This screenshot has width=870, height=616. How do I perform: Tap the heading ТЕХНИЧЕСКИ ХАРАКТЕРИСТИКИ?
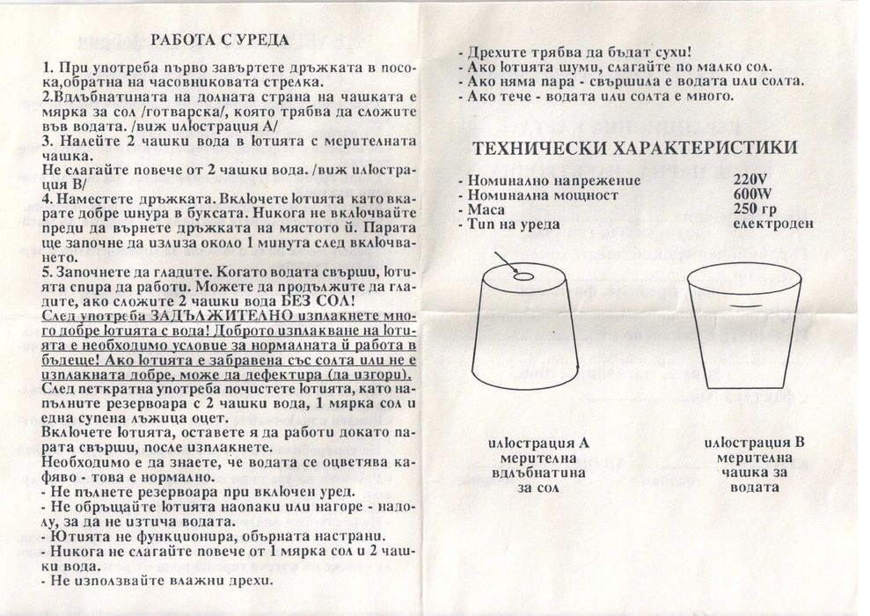pos(636,148)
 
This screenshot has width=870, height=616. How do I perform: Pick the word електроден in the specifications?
pos(773,224)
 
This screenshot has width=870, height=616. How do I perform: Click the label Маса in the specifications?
pos(486,209)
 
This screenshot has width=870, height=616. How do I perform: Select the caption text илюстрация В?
pos(754,443)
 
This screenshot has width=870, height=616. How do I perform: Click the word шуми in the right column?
pos(554,68)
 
